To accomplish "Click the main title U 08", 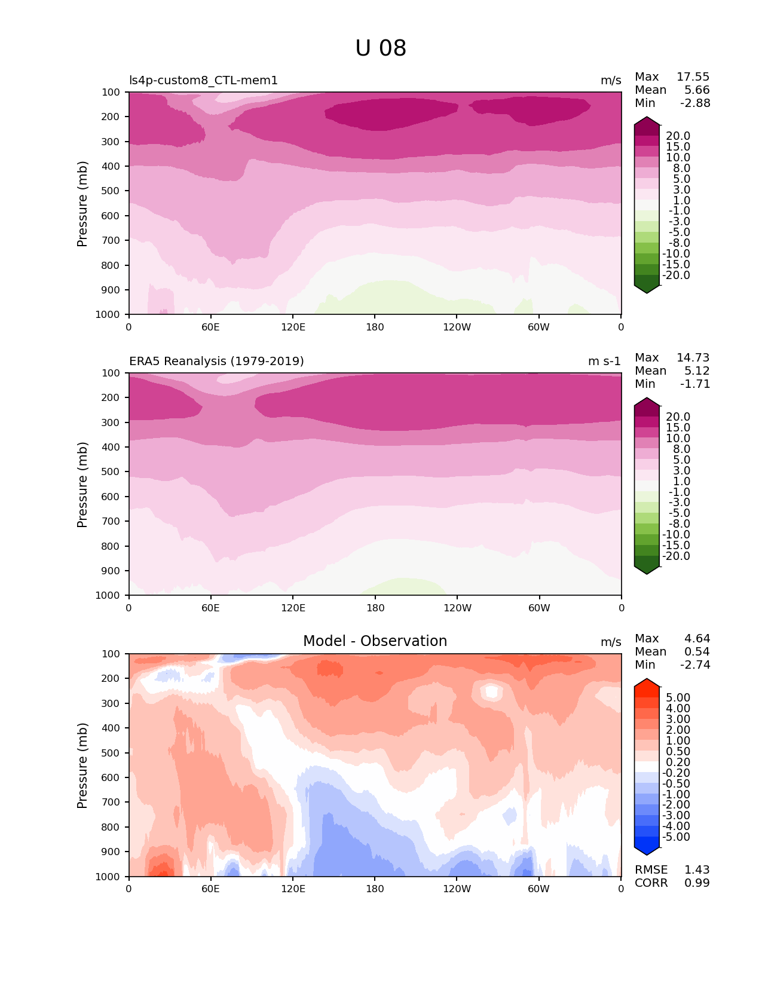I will point(381,48).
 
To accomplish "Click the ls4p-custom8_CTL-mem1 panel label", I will point(203,81).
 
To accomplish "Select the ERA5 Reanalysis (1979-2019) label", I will point(216,362).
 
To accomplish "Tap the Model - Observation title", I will point(375,641).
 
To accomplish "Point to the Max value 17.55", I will point(693,77).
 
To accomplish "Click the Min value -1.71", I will point(695,384).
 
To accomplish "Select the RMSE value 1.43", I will point(697,870).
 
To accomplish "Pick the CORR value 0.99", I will point(697,883).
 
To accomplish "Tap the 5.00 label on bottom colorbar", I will point(678,698).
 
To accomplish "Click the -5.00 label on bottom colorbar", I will point(676,837).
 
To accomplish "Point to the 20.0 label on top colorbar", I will point(678,136).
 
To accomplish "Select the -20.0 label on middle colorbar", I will point(676,556).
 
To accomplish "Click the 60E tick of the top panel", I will point(210,327).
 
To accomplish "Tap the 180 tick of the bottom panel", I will point(375,889).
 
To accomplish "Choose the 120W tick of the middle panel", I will point(457,608).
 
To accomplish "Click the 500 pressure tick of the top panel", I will point(112,191).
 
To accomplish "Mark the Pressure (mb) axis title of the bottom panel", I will point(82,765).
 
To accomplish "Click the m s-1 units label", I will point(604,362).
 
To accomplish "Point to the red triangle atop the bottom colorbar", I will point(647,684).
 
